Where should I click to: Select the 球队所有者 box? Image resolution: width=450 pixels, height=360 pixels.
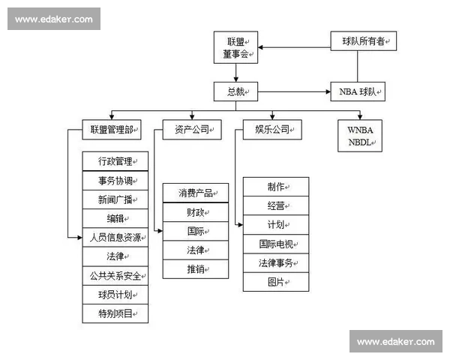click(x=364, y=41)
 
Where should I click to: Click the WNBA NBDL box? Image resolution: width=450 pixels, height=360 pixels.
click(x=360, y=135)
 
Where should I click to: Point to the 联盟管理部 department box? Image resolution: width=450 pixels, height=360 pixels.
click(x=111, y=130)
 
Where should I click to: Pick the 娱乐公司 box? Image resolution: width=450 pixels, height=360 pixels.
click(x=272, y=130)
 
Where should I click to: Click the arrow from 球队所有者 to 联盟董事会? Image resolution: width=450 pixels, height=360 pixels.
click(x=296, y=49)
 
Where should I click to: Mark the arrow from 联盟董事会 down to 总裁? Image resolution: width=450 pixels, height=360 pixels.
click(x=236, y=71)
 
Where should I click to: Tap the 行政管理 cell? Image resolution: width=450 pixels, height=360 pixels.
click(x=114, y=161)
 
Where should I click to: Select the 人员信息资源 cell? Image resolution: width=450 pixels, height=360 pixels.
click(x=114, y=238)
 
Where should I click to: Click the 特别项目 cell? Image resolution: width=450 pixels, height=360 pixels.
click(x=114, y=313)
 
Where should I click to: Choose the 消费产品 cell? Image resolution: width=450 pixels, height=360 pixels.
click(x=196, y=193)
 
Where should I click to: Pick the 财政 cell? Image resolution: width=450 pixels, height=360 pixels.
click(x=196, y=212)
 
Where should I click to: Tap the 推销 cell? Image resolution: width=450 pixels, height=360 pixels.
click(x=196, y=268)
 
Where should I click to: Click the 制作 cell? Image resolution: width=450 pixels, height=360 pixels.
click(x=276, y=187)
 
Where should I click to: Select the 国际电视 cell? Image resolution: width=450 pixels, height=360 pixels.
click(x=276, y=244)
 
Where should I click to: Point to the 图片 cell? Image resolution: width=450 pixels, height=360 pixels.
click(x=276, y=282)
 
